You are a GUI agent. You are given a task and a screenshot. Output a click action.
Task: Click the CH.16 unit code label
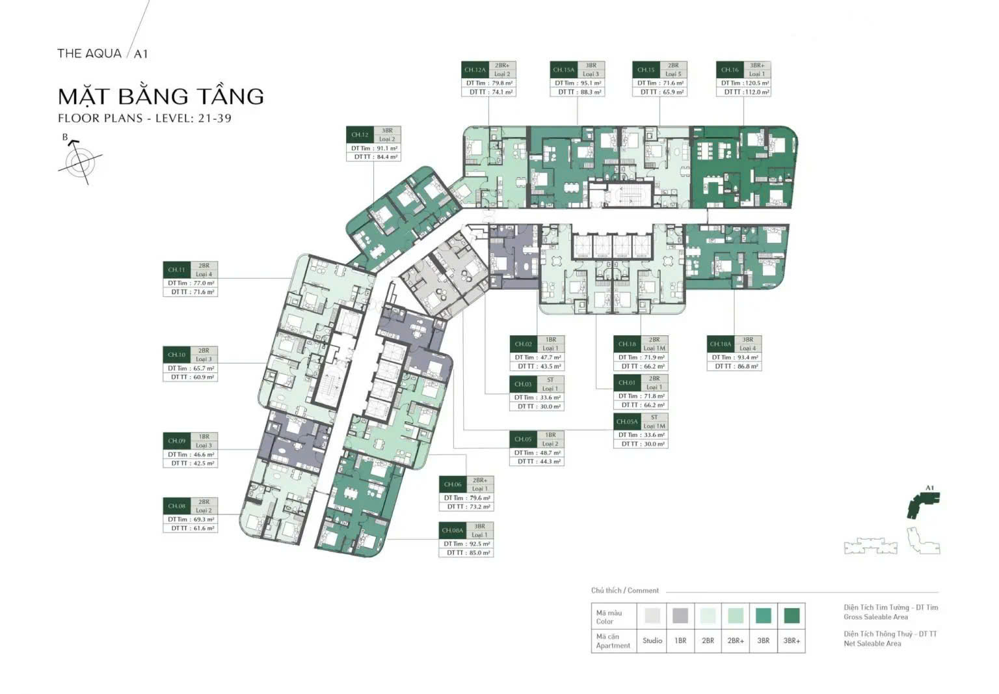pos(730,70)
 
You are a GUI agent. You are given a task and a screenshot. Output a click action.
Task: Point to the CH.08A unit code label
pos(453,531)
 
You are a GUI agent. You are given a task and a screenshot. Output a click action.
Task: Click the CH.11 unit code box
pos(176,270)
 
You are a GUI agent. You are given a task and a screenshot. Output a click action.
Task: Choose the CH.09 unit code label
pos(176,441)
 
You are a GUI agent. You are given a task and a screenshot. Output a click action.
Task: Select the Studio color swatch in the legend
pos(652,615)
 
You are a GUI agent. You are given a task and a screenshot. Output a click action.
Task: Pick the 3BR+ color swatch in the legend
pos(791,615)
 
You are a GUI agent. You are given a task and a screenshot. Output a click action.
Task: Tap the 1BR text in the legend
pos(680,641)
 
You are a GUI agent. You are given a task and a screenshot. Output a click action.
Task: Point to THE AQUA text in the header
pos(89,53)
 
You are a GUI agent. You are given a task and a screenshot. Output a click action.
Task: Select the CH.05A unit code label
pos(626,421)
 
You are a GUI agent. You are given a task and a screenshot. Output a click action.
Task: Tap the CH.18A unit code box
pos(720,344)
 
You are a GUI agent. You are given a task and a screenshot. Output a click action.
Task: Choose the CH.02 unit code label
pos(523,344)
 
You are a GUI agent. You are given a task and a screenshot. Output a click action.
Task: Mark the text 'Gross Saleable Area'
pos(875,617)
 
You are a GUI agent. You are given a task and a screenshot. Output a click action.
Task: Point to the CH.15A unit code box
pos(563,70)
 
